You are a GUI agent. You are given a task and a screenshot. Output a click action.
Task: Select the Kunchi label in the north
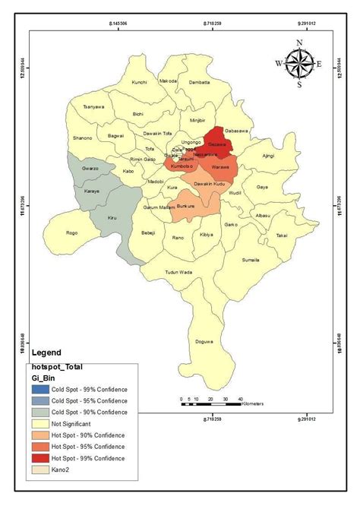pos(139,81)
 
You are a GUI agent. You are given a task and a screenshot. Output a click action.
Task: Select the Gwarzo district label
pos(91,167)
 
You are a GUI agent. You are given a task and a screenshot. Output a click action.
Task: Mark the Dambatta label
pos(198,81)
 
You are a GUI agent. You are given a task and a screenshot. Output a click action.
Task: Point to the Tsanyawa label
pos(93,106)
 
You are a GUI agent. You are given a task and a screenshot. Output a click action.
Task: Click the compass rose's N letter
pos(299,43)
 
